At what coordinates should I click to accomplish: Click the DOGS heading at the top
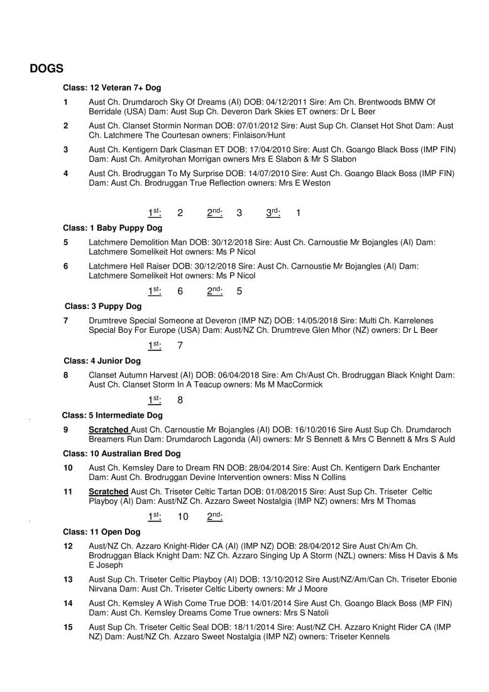47,69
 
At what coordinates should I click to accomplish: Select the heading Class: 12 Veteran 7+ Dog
112,88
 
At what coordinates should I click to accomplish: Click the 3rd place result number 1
298,213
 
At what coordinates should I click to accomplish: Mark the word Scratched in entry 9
109,430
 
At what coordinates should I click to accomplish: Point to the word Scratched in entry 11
109,491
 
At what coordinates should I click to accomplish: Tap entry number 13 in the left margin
68,579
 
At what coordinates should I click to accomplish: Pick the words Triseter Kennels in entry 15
360,636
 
